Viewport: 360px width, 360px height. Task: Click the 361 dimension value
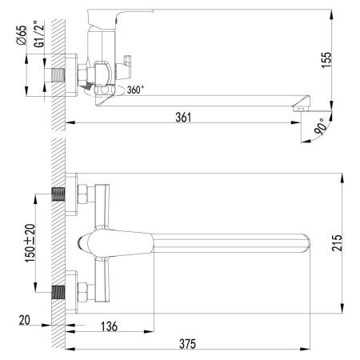[185, 117]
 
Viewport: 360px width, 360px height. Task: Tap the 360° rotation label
[137, 90]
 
